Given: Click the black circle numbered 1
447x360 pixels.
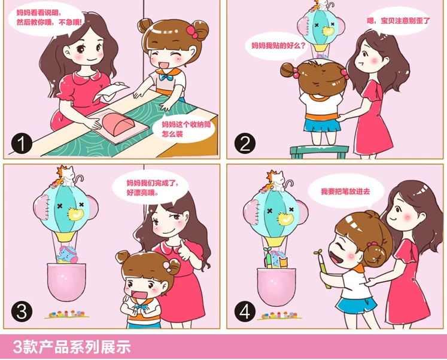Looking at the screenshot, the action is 22,144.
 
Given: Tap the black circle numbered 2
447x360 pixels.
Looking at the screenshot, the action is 245,144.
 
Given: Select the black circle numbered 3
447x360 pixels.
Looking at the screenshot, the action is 22,312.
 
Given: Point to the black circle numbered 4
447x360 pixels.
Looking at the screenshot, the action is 245,312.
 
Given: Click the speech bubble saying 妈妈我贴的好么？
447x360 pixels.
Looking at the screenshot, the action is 278,46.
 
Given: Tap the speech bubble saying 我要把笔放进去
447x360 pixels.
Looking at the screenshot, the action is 346,192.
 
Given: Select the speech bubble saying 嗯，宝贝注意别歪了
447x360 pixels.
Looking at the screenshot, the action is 398,21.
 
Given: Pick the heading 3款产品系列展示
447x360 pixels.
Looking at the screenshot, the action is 72,347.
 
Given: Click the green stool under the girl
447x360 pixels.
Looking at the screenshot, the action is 320,152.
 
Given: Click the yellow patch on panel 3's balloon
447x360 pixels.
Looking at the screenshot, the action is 76,213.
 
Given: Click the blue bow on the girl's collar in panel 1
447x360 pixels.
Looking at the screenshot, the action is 166,77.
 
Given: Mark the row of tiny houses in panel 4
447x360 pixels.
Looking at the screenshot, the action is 279,316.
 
